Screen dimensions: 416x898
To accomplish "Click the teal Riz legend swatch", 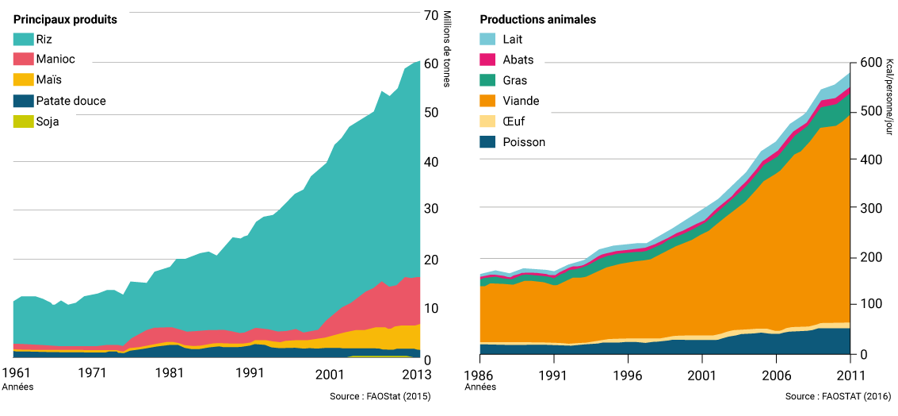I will coord(23,39).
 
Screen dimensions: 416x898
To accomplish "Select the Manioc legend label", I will coord(55,60).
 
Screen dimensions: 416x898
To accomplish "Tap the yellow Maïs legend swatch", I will coord(23,80).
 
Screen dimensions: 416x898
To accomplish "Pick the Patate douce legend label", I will coord(71,101).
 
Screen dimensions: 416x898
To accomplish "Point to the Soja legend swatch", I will coord(23,121).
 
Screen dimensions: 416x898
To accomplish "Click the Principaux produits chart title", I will coord(65,20).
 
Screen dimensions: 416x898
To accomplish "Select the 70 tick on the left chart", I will coord(431,15).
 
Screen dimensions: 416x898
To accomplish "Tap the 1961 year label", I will coord(16,373).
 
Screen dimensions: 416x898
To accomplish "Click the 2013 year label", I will coord(418,373).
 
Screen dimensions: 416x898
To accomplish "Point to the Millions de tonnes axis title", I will coord(447,49).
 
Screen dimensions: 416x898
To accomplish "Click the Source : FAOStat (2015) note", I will coord(380,396).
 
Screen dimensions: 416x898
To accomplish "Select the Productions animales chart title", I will coord(537,20).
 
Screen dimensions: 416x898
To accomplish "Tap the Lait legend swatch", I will coord(488,39).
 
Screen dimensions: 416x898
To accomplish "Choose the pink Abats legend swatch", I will coord(488,60).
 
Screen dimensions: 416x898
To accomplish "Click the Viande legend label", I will coord(521,101).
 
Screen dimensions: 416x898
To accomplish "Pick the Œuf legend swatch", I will coord(488,121).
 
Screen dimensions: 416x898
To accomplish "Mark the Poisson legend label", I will coord(524,142).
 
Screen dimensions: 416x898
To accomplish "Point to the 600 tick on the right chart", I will coord(868,63).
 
